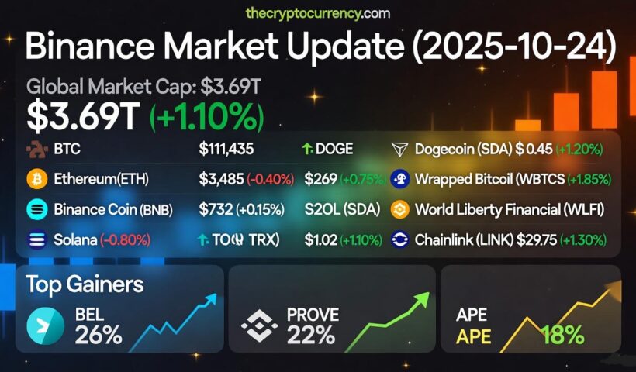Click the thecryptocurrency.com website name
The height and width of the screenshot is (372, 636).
[x=317, y=13]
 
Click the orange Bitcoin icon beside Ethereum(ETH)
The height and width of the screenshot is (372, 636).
[x=36, y=180]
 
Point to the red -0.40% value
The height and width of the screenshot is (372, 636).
[x=271, y=180]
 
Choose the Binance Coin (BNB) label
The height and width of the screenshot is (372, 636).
[x=113, y=210]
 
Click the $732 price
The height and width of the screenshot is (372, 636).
[x=214, y=210]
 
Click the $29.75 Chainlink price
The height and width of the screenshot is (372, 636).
[x=544, y=240]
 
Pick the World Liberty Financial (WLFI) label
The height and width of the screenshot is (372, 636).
[x=510, y=210]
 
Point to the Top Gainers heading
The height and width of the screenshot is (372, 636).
[x=85, y=284]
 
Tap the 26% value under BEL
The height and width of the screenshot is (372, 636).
[x=99, y=335]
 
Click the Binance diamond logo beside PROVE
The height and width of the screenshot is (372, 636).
[x=259, y=325]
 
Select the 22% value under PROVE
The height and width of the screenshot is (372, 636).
[x=310, y=335]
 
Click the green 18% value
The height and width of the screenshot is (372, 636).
[x=562, y=335]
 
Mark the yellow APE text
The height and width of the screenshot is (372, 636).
[x=473, y=336]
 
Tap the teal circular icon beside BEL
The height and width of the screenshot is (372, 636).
[x=46, y=325]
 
